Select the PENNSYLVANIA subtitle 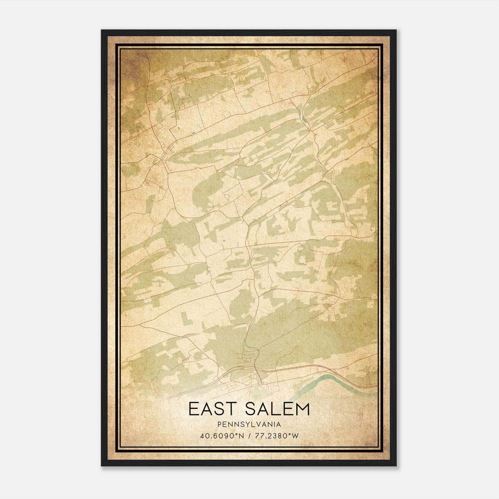pos(249,424)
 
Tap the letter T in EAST pos(234,409)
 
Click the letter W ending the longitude pos(295,436)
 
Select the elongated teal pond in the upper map pos(304,119)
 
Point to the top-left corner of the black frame pos(102,31)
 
